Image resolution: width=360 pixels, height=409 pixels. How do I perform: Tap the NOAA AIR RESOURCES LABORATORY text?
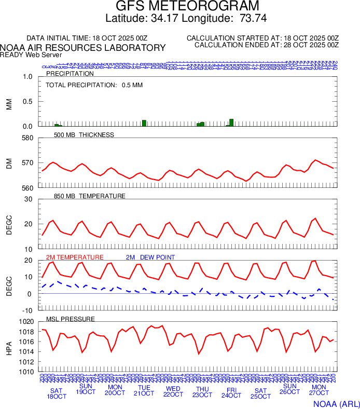click(x=83, y=48)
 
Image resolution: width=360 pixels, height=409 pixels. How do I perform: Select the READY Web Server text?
click(x=31, y=54)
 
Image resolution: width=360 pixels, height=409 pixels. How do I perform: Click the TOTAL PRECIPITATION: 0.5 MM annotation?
click(x=94, y=85)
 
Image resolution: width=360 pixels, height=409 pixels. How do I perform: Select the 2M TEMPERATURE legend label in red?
click(x=75, y=257)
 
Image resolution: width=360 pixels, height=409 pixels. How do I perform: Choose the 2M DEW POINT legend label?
click(x=150, y=257)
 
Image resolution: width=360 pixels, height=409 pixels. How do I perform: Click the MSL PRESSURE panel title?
click(x=71, y=319)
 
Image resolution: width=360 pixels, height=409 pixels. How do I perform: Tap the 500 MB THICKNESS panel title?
click(x=84, y=135)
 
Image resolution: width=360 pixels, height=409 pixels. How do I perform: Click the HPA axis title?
click(x=9, y=347)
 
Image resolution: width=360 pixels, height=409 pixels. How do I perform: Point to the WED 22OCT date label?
click(x=173, y=391)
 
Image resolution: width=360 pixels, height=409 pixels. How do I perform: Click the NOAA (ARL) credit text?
click(x=335, y=403)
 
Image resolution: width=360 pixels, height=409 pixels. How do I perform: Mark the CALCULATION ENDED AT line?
click(x=266, y=45)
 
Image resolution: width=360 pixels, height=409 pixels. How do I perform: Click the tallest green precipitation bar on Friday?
click(x=231, y=122)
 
